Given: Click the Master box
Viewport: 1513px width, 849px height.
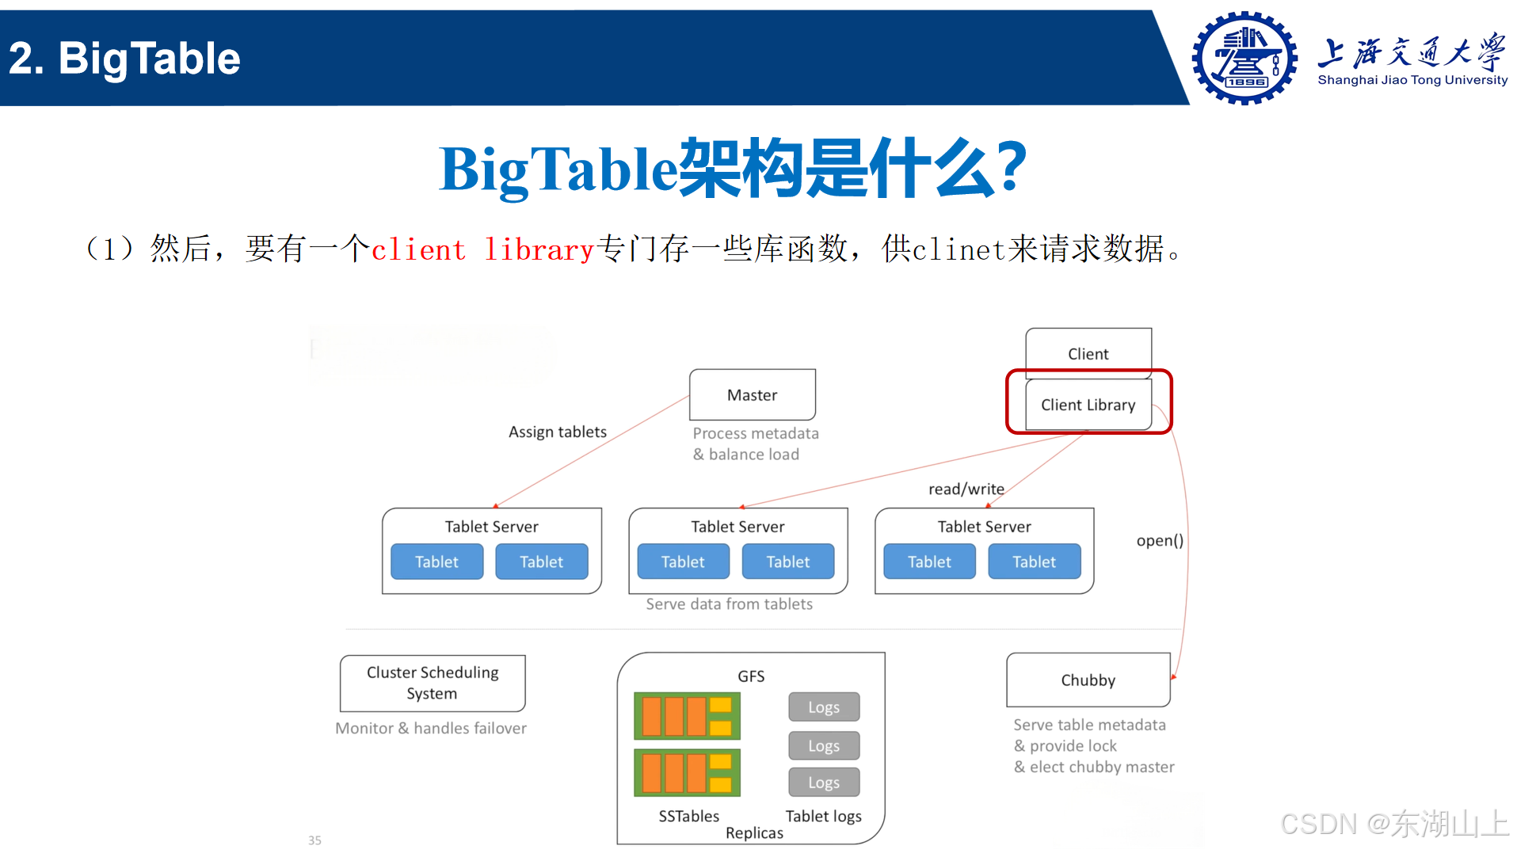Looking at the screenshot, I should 752,394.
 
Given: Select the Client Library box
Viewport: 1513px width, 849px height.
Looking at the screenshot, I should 1088,405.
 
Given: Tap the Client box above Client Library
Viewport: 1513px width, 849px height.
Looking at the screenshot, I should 1088,353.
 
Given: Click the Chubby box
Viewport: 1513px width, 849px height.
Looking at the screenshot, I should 1088,680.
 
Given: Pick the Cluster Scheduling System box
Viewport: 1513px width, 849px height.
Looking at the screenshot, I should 433,683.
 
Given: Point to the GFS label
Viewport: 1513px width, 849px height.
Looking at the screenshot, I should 751,676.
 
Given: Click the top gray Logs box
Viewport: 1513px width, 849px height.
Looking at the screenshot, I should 824,707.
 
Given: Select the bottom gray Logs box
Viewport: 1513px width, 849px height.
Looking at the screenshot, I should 824,782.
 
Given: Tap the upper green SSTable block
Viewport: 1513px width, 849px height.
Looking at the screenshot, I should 687,716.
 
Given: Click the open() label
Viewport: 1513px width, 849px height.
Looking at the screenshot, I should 1160,541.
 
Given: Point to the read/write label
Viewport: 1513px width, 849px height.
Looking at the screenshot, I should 966,489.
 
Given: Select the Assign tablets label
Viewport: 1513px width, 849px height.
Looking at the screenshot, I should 557,432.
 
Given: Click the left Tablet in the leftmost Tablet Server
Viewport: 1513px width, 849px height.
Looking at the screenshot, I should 436,562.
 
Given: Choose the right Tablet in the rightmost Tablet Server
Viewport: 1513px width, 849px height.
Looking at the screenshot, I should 1034,562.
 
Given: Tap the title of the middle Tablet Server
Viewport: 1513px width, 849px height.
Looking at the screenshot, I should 737,527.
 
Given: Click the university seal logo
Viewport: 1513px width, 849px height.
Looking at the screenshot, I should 1244,58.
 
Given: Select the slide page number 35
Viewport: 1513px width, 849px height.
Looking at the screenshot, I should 314,840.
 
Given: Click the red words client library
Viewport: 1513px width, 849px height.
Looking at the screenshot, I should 482,249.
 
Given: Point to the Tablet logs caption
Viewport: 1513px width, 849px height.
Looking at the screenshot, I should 823,817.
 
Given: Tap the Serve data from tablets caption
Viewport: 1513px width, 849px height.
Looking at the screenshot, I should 729,604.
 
